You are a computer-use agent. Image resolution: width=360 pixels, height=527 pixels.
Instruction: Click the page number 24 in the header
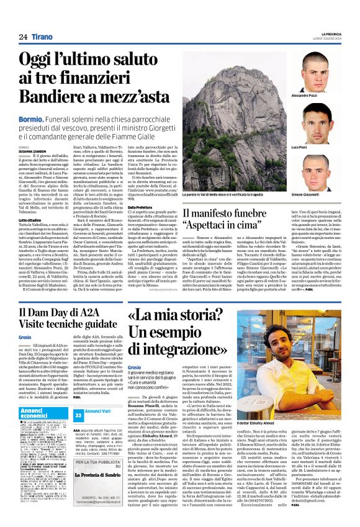(22, 37)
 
